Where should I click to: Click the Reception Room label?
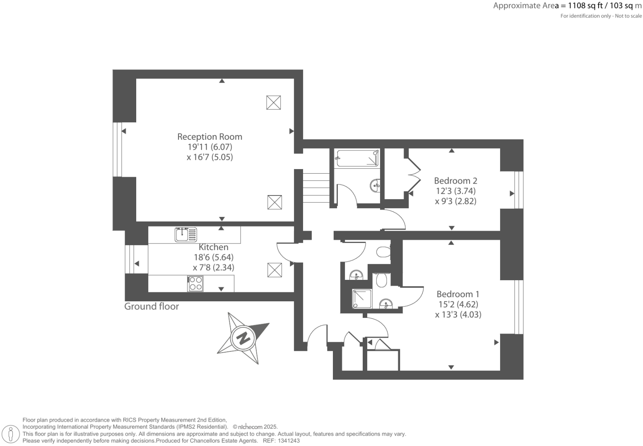pos(210,137)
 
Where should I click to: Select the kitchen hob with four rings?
pos(195,284)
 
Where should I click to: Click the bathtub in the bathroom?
pos(357,158)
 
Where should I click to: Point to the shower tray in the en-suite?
pos(362,299)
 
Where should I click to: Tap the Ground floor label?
pos(152,307)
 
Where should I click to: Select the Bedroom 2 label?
pos(455,181)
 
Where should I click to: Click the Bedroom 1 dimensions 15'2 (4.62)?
pos(458,305)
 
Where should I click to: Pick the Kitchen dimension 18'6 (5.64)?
pos(213,257)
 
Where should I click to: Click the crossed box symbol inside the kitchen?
pos(274,270)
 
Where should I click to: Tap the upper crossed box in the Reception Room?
pos(274,102)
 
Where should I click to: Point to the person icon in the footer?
pos(11,434)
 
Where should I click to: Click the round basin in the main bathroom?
pos(375,185)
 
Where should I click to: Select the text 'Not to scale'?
pos(628,16)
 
